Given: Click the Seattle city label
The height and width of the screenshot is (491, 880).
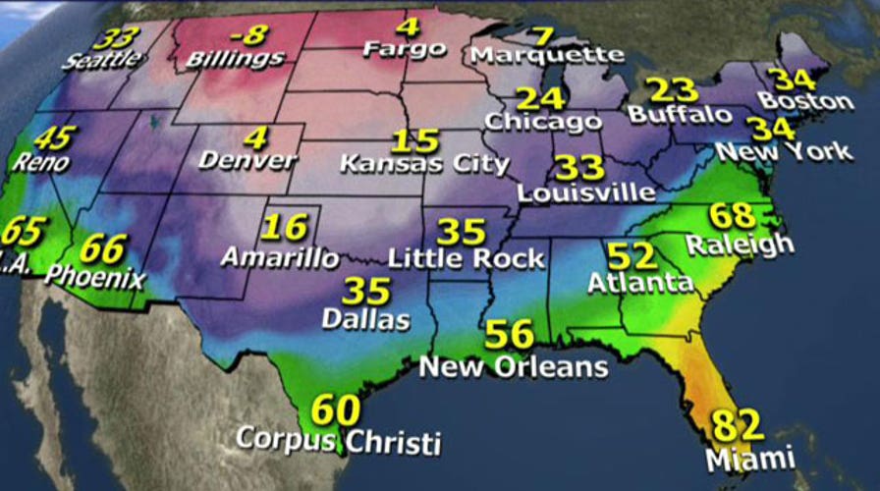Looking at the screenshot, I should pyautogui.click(x=102, y=60).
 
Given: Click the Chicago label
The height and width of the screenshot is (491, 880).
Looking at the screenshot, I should pyautogui.click(x=542, y=122).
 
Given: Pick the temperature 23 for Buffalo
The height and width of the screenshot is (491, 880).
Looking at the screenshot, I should pyautogui.click(x=674, y=89).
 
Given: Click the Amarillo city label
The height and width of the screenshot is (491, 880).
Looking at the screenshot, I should pyautogui.click(x=281, y=258).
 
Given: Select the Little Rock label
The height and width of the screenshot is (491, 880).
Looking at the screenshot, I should pyautogui.click(x=466, y=259).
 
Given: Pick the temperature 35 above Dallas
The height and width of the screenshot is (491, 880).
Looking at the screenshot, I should pyautogui.click(x=366, y=292).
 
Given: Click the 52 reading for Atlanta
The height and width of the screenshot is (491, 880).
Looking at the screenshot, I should pyautogui.click(x=632, y=256).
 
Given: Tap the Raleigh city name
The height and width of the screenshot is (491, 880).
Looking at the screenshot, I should pyautogui.click(x=740, y=243).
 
